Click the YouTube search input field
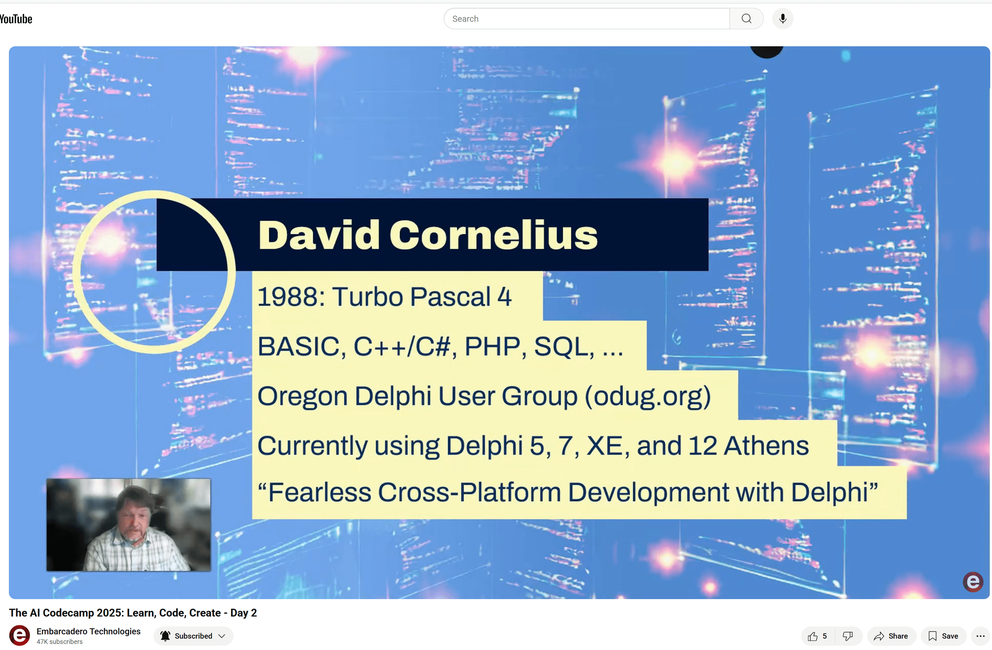click(586, 19)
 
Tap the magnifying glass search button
click(747, 19)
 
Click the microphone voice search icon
click(783, 19)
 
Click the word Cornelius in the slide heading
click(494, 235)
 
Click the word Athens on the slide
click(766, 446)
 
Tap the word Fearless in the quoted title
click(319, 492)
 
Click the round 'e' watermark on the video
click(973, 582)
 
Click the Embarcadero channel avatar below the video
click(19, 635)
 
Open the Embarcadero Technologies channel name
click(89, 631)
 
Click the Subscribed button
click(193, 636)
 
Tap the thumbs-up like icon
click(812, 636)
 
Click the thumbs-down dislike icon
click(847, 636)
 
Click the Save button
click(943, 636)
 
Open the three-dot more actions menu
click(980, 636)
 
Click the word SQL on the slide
click(564, 346)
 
